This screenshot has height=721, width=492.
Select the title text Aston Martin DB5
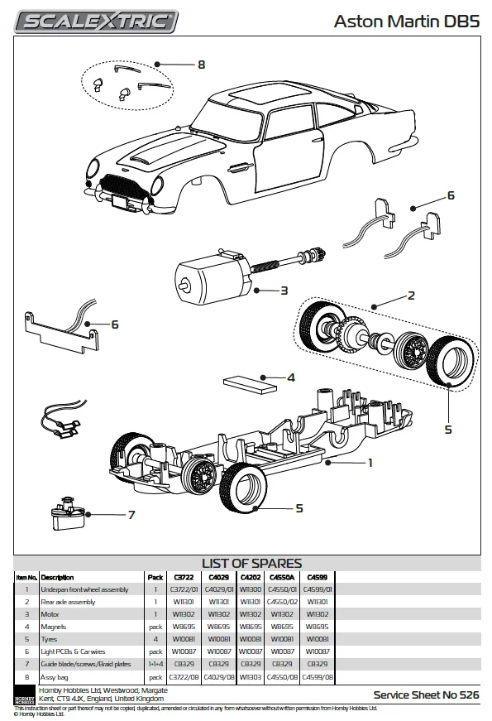coord(406,22)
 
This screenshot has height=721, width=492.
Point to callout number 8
coord(201,64)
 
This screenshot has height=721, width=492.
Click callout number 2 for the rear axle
coord(410,294)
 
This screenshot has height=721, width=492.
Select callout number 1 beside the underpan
coord(370,463)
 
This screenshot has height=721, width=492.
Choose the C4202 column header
coord(251,577)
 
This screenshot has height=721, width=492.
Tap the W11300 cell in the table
coord(251,589)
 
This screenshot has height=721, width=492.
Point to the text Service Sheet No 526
coord(426,695)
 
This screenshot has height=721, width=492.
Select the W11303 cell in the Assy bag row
coord(251,676)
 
